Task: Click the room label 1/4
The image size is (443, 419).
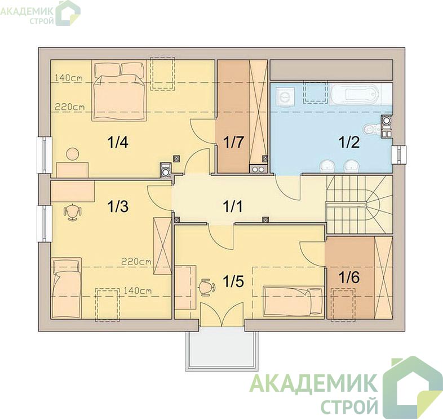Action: [118, 142]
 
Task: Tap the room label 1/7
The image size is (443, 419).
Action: [233, 142]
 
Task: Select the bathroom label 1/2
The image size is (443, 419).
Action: [349, 142]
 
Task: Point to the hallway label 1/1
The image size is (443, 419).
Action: [233, 206]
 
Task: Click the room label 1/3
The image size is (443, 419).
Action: [118, 206]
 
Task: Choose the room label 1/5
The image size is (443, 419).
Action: [233, 281]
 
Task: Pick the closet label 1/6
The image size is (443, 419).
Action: [349, 277]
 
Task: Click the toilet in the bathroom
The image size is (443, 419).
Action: [371, 130]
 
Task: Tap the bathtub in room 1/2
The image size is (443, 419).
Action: [355, 94]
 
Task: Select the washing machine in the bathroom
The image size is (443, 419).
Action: [285, 95]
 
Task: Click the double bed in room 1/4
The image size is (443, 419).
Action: [119, 90]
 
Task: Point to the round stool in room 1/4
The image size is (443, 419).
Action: [72, 154]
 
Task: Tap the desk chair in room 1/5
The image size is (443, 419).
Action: [207, 288]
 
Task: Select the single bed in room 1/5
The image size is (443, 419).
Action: [293, 302]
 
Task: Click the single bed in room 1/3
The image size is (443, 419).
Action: [67, 288]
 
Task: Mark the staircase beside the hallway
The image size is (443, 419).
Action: [359, 204]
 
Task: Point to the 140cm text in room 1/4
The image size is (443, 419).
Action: [68, 78]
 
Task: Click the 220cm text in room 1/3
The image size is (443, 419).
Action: [136, 262]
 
